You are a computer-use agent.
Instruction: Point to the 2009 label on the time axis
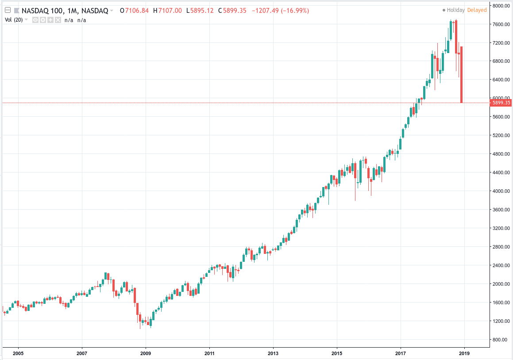(146, 353)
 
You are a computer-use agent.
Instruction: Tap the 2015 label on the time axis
(337, 353)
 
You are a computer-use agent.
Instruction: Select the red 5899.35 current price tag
(501, 103)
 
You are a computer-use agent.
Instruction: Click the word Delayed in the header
(477, 10)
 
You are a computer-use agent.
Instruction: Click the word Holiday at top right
(455, 10)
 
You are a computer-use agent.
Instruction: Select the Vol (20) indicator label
(14, 20)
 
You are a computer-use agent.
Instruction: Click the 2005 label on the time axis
(18, 353)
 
